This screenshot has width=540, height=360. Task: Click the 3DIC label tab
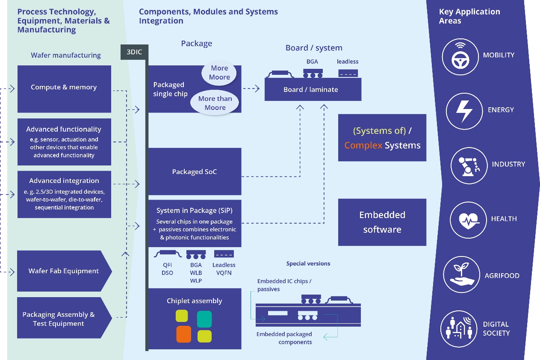(134, 53)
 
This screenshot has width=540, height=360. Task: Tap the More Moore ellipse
(219, 73)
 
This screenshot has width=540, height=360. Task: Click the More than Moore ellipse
(215, 103)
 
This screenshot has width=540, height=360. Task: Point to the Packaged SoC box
(195, 171)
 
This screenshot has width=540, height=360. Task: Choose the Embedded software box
(382, 222)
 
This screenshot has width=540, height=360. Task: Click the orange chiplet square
(183, 334)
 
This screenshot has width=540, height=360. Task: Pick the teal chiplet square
(204, 319)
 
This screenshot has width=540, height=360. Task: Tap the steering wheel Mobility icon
(460, 57)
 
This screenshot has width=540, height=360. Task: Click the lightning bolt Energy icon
(464, 111)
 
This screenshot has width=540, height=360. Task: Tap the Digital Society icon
(458, 328)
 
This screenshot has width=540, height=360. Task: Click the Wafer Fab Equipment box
(64, 271)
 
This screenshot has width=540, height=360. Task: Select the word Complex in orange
(363, 145)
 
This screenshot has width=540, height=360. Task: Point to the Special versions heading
(308, 264)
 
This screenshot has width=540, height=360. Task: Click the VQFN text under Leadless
(224, 273)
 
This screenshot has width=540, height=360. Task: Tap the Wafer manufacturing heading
(66, 55)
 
